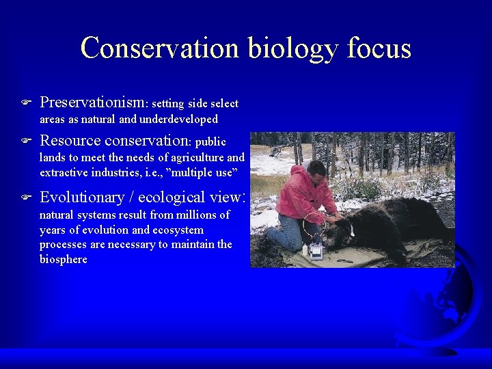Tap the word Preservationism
[92, 102]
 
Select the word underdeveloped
[178, 119]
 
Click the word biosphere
[64, 260]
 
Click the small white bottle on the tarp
[305, 250]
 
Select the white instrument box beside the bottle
[316, 250]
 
